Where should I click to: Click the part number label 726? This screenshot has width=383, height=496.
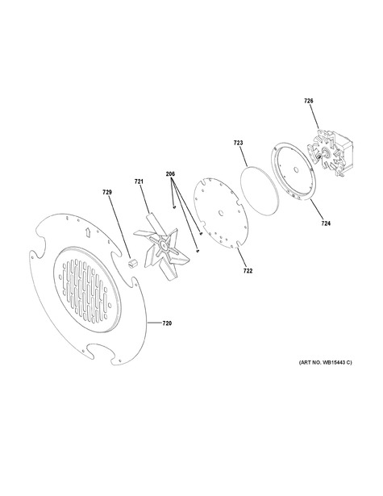point(308,101)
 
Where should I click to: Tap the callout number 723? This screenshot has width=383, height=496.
point(238,143)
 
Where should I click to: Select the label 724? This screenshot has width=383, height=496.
point(326,223)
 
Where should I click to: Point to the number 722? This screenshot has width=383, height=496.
point(248,271)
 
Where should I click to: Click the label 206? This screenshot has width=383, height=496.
point(170,173)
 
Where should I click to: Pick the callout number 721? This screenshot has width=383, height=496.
point(139,181)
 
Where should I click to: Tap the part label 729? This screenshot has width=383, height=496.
point(107,192)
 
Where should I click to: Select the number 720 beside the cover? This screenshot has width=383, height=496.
point(167,323)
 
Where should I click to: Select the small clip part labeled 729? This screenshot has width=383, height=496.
point(131,263)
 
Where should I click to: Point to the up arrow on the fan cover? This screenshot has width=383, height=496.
point(88,232)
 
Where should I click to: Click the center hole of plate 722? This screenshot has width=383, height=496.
point(221,212)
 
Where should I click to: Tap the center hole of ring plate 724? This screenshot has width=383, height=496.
point(296,169)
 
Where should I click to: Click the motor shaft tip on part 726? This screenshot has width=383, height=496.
point(320,155)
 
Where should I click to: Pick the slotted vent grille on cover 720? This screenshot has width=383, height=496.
point(86,289)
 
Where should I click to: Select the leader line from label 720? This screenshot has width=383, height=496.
point(154,323)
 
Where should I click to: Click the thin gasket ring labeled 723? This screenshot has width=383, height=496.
point(260,191)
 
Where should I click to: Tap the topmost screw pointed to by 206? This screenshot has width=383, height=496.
point(174,207)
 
